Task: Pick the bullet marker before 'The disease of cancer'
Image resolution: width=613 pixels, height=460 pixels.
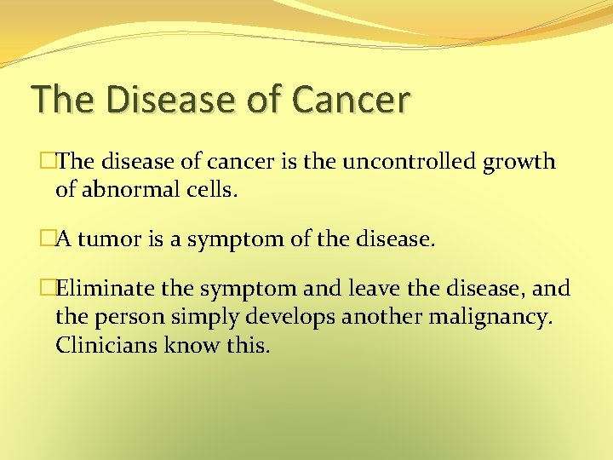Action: [48, 162]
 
